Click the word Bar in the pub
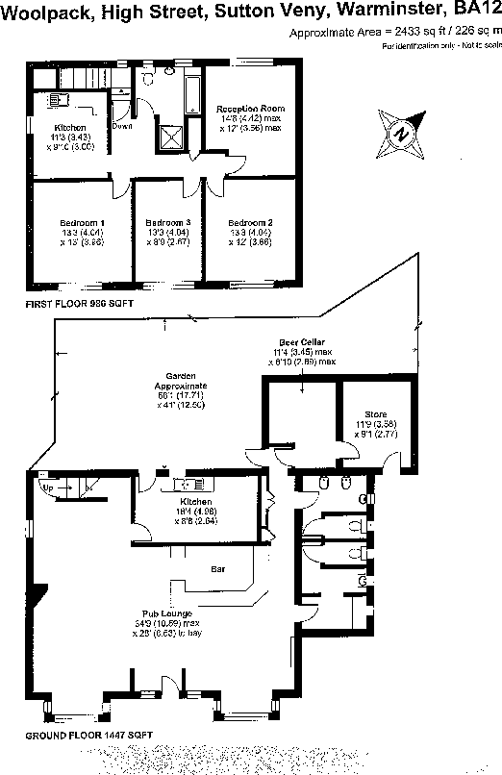coord(217,568)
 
